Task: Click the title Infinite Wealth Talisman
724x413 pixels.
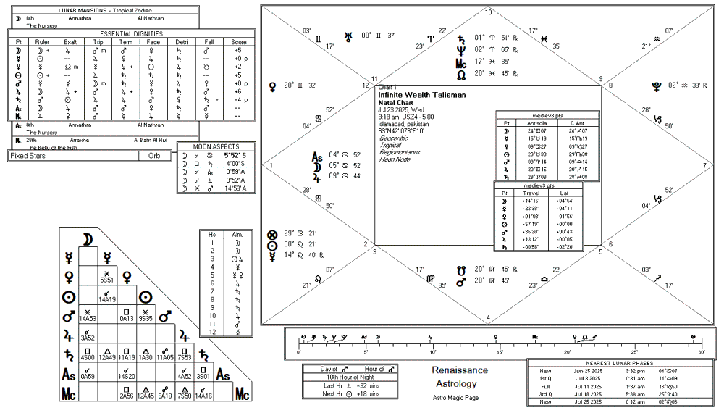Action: (x=421, y=95)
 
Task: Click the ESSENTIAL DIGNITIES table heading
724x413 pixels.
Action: (x=131, y=33)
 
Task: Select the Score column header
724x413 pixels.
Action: (x=239, y=42)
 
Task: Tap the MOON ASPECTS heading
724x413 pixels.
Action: (x=216, y=146)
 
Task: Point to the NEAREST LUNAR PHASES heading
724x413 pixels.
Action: (x=621, y=363)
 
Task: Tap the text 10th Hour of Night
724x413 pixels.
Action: (x=349, y=377)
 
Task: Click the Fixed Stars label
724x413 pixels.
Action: (x=29, y=156)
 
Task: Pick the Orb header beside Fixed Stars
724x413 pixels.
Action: (x=154, y=156)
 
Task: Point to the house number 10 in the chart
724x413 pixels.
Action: (x=488, y=12)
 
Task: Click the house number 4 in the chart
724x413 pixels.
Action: (x=488, y=317)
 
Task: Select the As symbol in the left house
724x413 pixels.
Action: (x=316, y=156)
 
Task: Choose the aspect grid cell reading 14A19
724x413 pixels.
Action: (x=108, y=298)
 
